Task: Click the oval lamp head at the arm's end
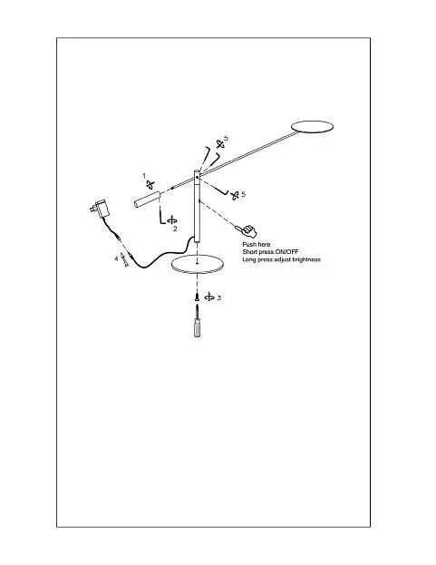pyautogui.click(x=312, y=127)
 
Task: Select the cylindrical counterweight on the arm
pyautogui.click(x=147, y=200)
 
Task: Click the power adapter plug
pyautogui.click(x=100, y=209)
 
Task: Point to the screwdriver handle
pyautogui.click(x=198, y=327)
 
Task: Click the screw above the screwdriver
pyautogui.click(x=197, y=297)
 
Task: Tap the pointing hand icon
pyautogui.click(x=247, y=229)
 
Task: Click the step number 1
pyautogui.click(x=144, y=175)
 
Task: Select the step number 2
pyautogui.click(x=175, y=229)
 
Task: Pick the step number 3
pyautogui.click(x=218, y=298)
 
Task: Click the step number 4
pyautogui.click(x=116, y=258)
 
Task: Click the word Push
pyautogui.click(x=248, y=245)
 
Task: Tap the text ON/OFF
pyautogui.click(x=286, y=252)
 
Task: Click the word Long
pyautogui.click(x=248, y=259)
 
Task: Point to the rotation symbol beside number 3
pyautogui.click(x=209, y=297)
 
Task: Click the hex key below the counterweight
pyautogui.click(x=160, y=216)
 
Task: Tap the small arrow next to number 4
pyautogui.click(x=124, y=259)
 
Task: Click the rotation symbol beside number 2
pyautogui.click(x=172, y=219)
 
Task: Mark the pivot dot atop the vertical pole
pyautogui.click(x=197, y=177)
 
